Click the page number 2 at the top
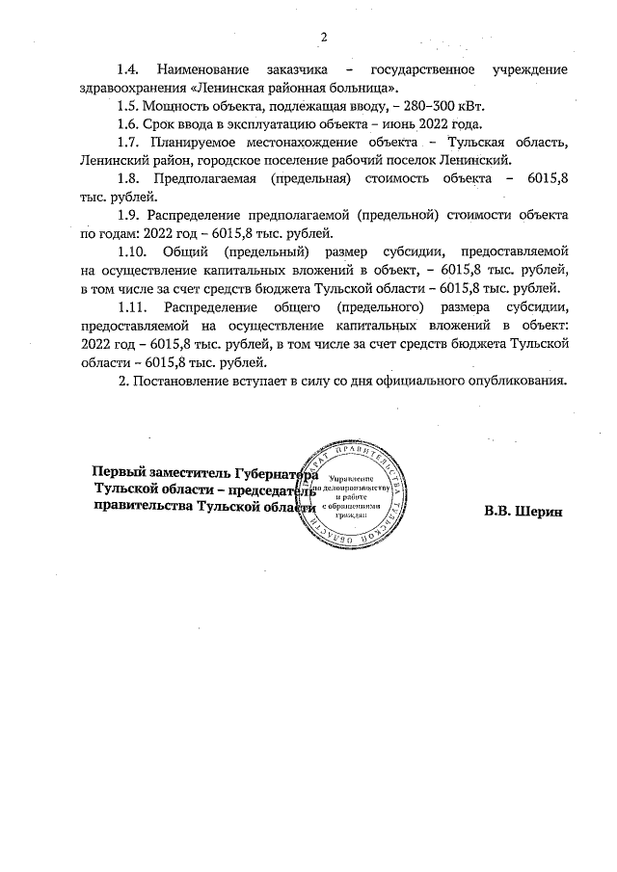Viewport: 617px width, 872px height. click(324, 38)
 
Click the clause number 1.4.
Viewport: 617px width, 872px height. click(129, 70)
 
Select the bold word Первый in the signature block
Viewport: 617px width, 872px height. click(118, 472)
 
